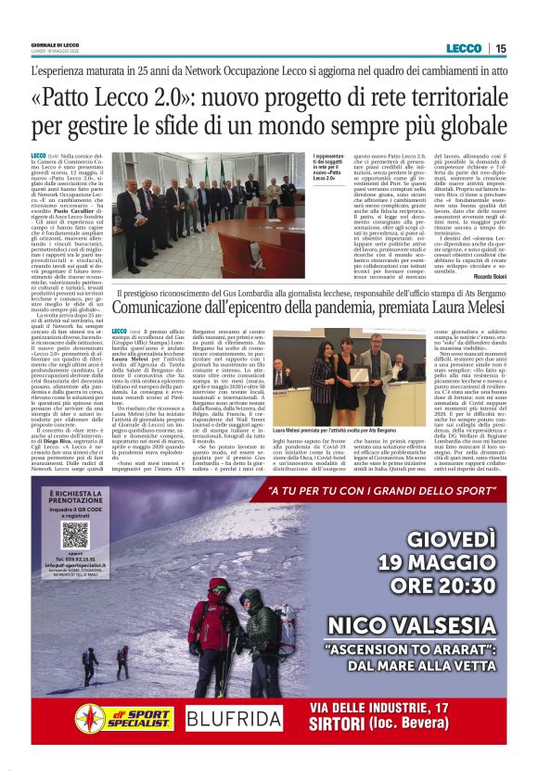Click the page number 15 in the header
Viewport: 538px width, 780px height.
pos(500,48)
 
